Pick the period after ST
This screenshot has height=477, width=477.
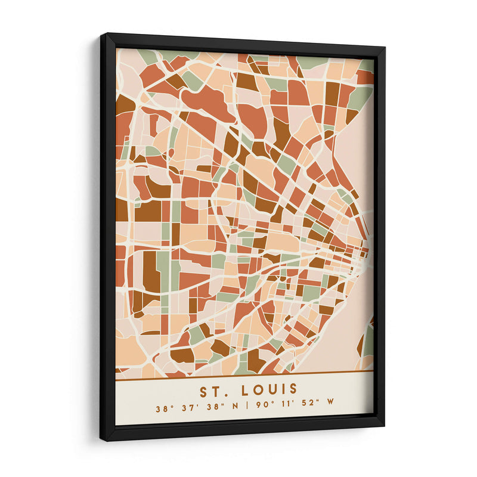(224, 395)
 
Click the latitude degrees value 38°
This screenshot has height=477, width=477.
(163, 409)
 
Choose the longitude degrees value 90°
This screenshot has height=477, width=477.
(257, 409)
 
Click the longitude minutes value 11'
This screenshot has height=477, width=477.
(280, 409)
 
